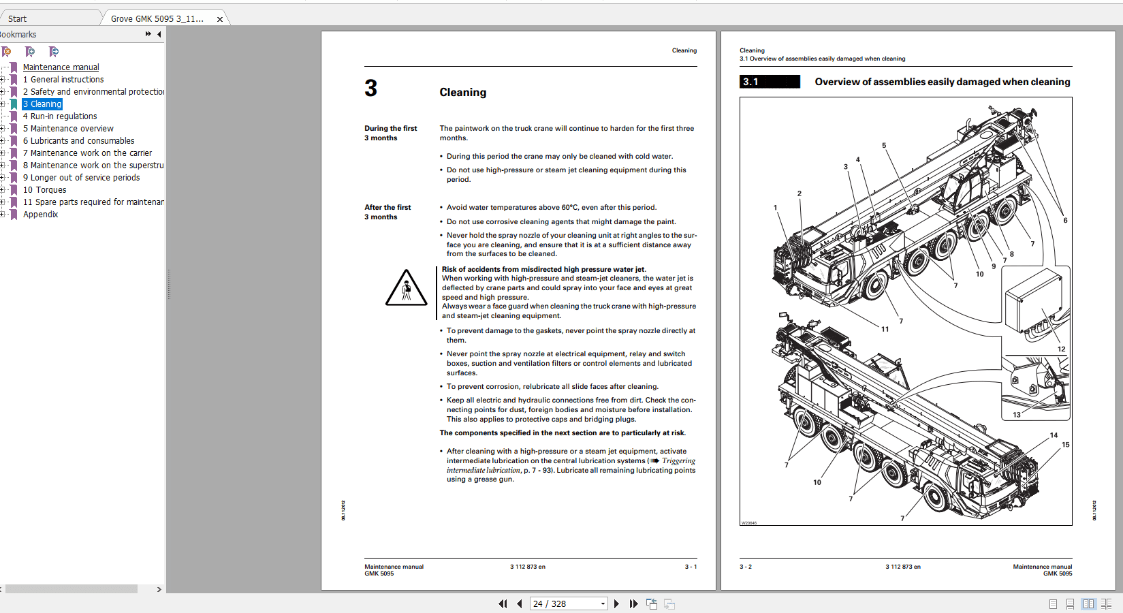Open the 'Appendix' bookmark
coord(40,215)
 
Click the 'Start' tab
coord(18,18)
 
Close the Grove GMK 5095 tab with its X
coord(219,19)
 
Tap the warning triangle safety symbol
coord(406,289)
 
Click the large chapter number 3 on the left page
coord(370,89)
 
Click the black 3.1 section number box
coord(770,82)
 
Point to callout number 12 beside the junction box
coord(1061,349)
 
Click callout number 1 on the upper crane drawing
coord(775,208)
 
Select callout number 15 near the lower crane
coord(1065,445)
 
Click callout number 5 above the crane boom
coord(884,145)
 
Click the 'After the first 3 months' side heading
coord(387,212)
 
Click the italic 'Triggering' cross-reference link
coord(678,461)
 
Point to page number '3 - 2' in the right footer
coord(746,567)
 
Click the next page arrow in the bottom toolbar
coord(616,603)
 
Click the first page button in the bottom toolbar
coord(503,603)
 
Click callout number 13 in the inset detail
coord(1017,415)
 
